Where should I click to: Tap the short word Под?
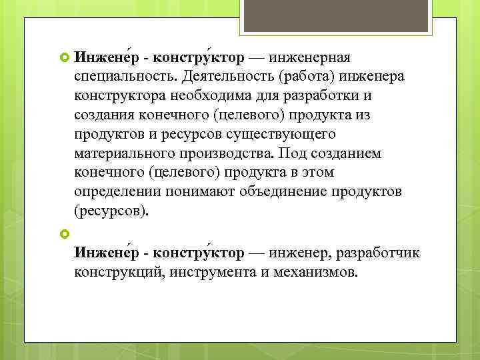click(x=291, y=154)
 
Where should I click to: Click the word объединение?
click(x=275, y=193)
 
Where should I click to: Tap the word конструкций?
click(x=117, y=273)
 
